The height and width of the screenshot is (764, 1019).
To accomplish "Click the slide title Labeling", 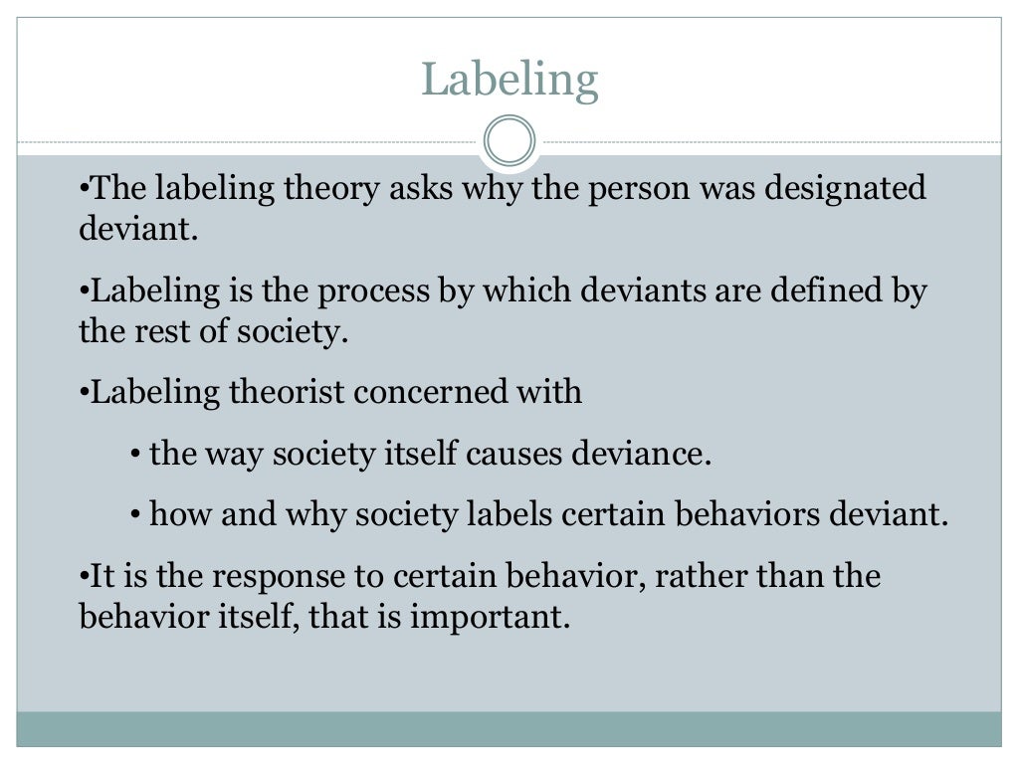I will (509, 79).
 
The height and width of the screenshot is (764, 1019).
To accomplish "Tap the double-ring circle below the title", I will (509, 140).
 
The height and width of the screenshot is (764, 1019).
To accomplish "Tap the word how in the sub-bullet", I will (172, 515).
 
